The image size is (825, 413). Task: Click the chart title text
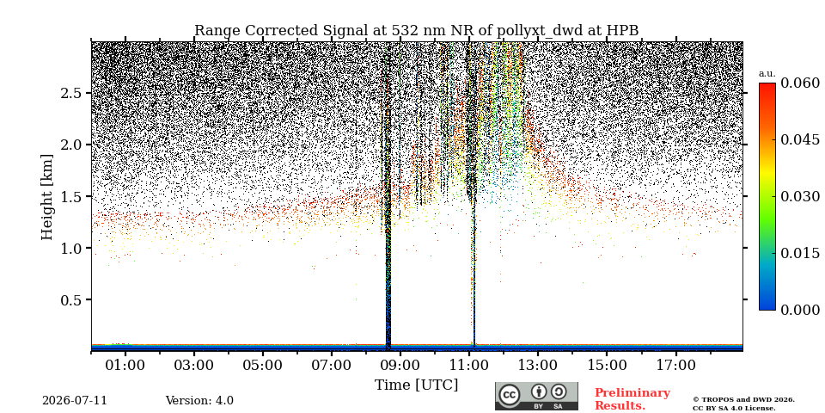pyautogui.click(x=416, y=31)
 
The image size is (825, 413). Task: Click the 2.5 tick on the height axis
pyautogui.click(x=72, y=93)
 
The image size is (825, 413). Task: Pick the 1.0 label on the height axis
pyautogui.click(x=72, y=248)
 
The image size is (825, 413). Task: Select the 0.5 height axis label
pyautogui.click(x=72, y=299)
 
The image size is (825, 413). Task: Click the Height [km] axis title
pyautogui.click(x=46, y=196)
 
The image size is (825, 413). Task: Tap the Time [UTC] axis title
pyautogui.click(x=416, y=385)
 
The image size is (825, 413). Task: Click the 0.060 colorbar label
pyautogui.click(x=799, y=83)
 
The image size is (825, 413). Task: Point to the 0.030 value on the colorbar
pyautogui.click(x=799, y=196)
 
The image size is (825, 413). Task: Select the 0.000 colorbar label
pyautogui.click(x=799, y=310)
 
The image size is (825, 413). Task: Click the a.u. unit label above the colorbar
pyautogui.click(x=767, y=74)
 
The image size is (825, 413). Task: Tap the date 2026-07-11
pyautogui.click(x=75, y=400)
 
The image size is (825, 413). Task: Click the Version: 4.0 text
pyautogui.click(x=199, y=400)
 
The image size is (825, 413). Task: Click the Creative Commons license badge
pyautogui.click(x=536, y=396)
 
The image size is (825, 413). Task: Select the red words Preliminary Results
pyautogui.click(x=632, y=399)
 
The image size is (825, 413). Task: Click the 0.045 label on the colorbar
pyautogui.click(x=799, y=139)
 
